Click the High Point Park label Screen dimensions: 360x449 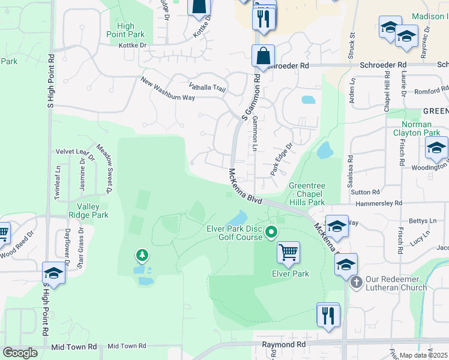126,30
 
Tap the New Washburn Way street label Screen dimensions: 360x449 167,89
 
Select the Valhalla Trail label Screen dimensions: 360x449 207,88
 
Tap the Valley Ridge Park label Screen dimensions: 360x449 88,210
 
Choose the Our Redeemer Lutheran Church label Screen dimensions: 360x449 397,283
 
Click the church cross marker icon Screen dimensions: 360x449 356,281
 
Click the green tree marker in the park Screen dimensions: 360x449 142,256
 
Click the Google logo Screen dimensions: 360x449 20,353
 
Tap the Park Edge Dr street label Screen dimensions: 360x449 281,158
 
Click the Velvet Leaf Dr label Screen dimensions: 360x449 74,152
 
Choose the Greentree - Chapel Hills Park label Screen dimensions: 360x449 306,194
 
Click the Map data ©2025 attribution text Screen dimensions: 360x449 424,355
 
